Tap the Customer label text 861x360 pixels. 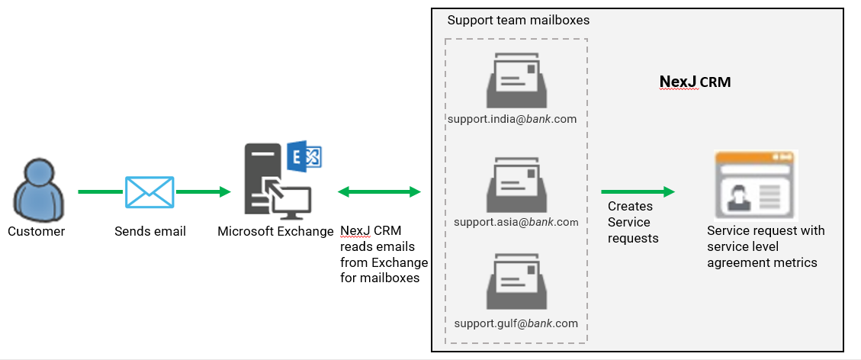coord(36,231)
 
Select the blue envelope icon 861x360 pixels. coord(149,191)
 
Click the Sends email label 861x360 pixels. coord(149,231)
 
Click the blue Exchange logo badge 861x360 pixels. coord(304,157)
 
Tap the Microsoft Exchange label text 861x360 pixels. coord(275,231)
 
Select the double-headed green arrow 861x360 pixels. coord(379,191)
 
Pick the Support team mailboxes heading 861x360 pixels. coord(518,20)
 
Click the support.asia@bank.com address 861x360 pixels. coord(516,222)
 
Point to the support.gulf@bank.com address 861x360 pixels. coord(516,323)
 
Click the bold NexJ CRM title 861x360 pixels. coord(694,82)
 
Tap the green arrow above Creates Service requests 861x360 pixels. coord(638,191)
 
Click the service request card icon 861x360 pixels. coord(755,185)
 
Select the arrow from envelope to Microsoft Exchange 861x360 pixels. coord(203,191)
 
